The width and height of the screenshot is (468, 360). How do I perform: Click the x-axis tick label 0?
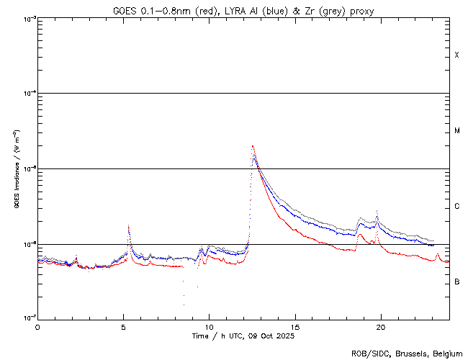tap(37, 327)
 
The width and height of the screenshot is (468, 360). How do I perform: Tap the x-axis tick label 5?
tap(123, 327)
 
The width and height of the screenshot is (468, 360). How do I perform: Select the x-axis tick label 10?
tap(210, 327)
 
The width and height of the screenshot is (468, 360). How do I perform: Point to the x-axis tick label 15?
tap(295, 327)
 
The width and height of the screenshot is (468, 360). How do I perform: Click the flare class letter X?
tap(457, 55)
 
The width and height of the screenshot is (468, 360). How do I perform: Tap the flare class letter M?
tap(457, 131)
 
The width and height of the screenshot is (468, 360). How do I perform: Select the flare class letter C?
tap(457, 207)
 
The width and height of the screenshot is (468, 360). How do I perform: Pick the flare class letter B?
tap(457, 282)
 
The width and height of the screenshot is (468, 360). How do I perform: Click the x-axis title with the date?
tap(243, 336)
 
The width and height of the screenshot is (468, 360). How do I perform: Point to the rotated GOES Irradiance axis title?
tap(15, 169)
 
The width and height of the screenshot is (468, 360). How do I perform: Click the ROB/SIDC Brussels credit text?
tap(407, 353)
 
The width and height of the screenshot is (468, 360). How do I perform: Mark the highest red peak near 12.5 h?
tap(252, 146)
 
